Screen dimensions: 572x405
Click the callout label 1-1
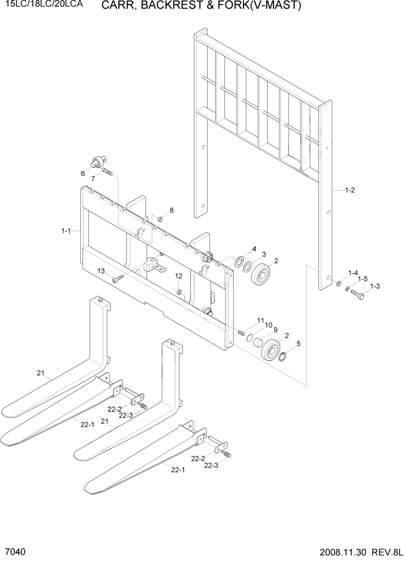pos(65,231)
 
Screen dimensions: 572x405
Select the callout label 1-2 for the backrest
pos(349,190)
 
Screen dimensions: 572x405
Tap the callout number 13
pos(100,271)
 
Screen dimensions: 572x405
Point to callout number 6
pos(83,173)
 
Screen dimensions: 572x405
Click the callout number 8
pos(171,210)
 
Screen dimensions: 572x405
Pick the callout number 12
pos(179,276)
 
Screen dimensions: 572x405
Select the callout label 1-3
pos(374,286)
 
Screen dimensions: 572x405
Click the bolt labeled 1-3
pos(357,295)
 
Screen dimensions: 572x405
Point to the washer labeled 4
pos(238,263)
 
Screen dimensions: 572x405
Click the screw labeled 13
pos(118,279)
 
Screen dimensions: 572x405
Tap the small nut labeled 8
pos(160,218)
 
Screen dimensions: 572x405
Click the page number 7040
pos(14,552)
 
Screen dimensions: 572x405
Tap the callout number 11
pos(261,320)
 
